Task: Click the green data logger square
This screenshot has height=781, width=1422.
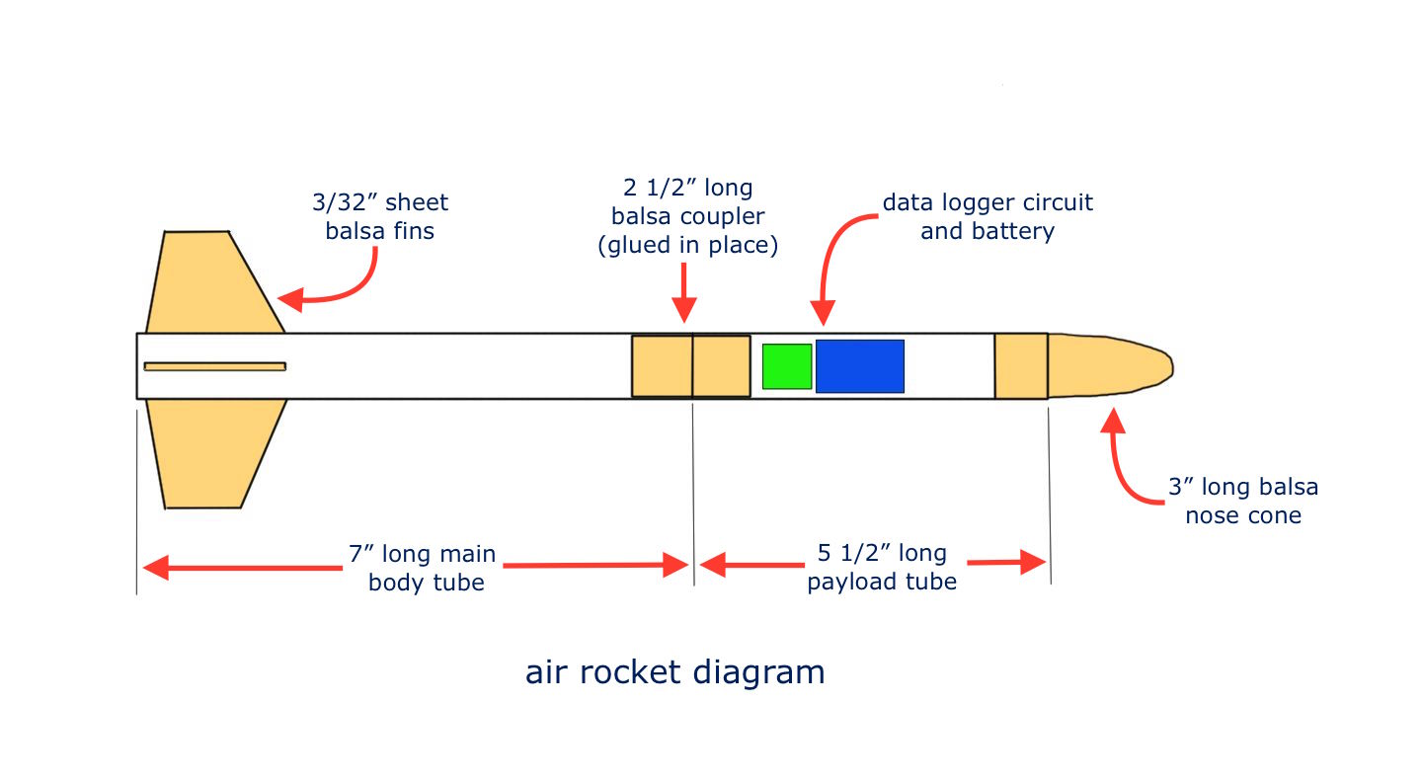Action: click(787, 366)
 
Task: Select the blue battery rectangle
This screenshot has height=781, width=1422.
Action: click(859, 366)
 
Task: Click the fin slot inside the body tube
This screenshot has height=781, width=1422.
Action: click(214, 366)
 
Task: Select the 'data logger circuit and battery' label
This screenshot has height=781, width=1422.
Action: click(987, 217)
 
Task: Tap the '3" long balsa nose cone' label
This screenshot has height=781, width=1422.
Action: click(1243, 501)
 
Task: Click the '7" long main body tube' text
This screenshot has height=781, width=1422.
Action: click(426, 568)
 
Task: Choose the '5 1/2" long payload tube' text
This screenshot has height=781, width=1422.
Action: click(882, 567)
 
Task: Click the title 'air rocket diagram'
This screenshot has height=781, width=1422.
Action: click(674, 672)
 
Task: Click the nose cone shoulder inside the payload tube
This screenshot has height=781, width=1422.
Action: click(1020, 366)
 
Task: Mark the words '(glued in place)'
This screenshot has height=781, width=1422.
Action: click(687, 245)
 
